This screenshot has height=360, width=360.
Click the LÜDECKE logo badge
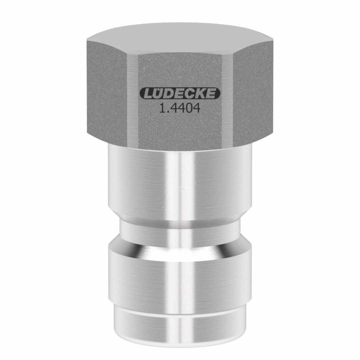coord(180,94)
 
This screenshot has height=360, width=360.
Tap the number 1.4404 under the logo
coord(180,108)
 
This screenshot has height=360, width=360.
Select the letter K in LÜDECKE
coord(199,94)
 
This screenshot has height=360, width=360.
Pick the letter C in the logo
coord(189,94)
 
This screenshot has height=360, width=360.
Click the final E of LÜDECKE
coord(210,94)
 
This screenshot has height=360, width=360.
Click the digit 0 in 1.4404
coord(187,108)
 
